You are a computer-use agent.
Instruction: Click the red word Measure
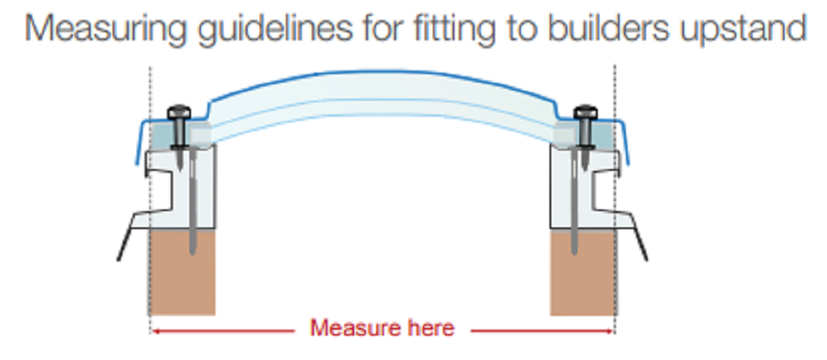349,328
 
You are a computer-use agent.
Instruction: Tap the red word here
429,328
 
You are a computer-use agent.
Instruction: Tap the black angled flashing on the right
638,238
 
